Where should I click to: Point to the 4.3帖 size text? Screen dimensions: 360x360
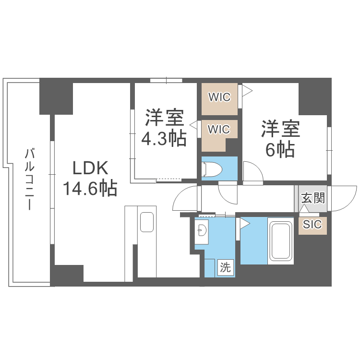163,138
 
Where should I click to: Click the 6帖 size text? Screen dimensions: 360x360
280,150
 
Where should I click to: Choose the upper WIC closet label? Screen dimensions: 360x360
219,97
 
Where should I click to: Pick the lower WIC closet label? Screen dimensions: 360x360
219,129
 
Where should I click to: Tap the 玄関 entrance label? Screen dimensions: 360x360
313,198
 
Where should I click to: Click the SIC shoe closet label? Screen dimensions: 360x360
312,224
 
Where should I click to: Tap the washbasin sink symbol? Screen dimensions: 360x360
202,231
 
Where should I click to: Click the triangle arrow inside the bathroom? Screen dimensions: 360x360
245,223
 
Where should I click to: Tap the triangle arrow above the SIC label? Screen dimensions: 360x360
304,209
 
